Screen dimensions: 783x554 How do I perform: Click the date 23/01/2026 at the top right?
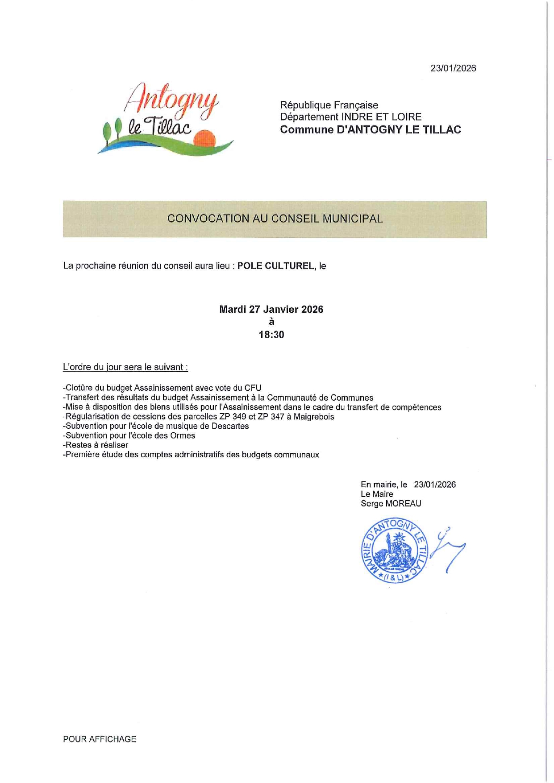[x=453, y=68]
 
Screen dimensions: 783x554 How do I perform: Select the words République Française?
[x=329, y=105]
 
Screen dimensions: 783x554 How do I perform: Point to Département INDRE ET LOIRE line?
[x=350, y=117]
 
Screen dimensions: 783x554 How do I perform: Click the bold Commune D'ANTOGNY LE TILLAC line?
[x=370, y=130]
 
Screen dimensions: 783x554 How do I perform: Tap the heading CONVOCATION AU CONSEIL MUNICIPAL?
[x=275, y=219]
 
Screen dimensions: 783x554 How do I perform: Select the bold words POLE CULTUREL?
[x=276, y=266]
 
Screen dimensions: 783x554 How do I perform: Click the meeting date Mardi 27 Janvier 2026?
[x=271, y=310]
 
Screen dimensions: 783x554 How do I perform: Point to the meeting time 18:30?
[x=271, y=335]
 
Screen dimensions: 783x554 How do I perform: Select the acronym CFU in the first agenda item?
[x=253, y=388]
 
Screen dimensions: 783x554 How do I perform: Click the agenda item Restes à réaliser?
[x=96, y=445]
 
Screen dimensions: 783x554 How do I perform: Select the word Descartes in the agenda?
[x=230, y=426]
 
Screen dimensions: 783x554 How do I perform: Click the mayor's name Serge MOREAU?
[x=391, y=504]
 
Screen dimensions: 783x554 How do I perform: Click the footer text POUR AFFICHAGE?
[x=100, y=739]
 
